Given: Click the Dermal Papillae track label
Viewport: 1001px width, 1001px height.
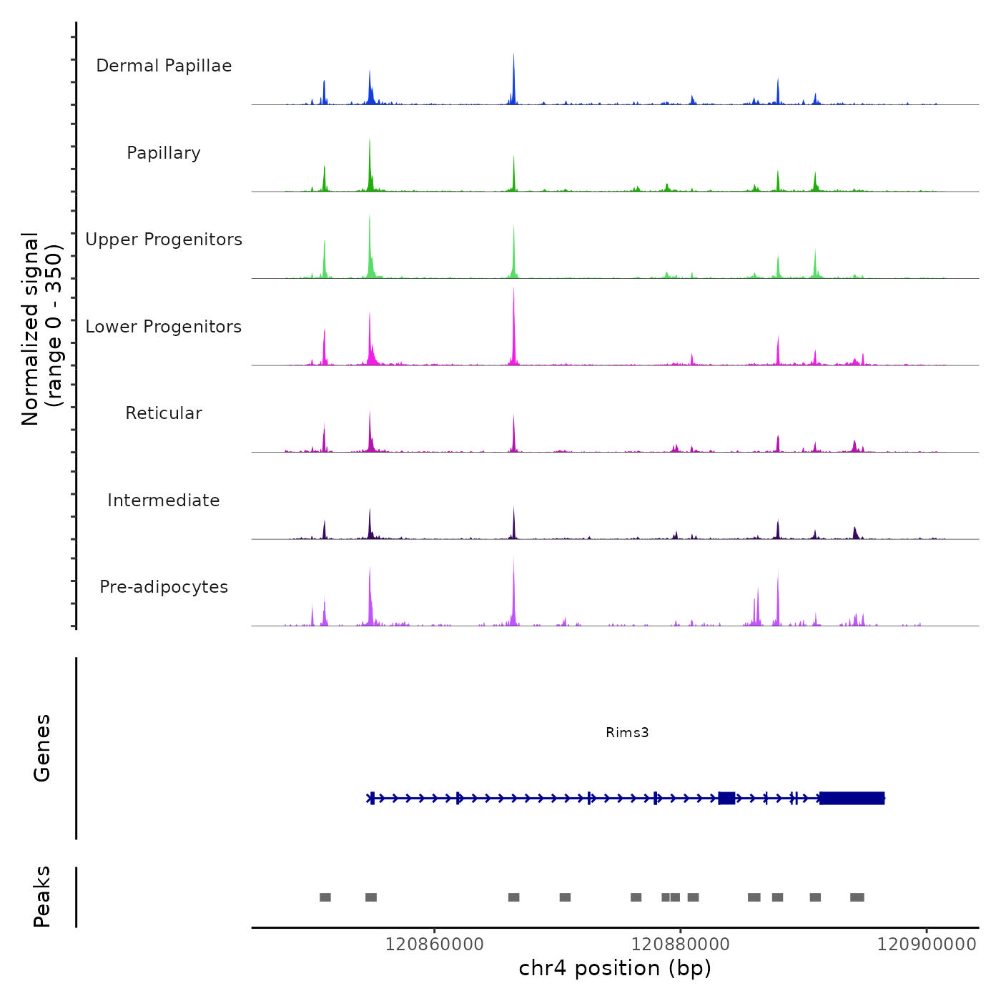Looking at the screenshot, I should (164, 66).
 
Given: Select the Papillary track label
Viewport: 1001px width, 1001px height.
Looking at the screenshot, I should (164, 153).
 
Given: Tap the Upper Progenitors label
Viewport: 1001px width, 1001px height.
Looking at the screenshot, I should (164, 240).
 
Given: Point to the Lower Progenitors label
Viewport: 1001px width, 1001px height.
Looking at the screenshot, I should (164, 327).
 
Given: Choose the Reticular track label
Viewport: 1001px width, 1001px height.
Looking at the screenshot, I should (164, 413).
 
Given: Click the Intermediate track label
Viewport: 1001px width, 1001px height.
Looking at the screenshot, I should (164, 500).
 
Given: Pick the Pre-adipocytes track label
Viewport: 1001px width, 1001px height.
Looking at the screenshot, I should (164, 587).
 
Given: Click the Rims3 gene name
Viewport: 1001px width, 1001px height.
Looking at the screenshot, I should (627, 732).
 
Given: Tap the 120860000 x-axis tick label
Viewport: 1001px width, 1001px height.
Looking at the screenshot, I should (434, 945).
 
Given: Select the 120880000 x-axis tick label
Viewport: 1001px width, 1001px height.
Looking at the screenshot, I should (681, 945).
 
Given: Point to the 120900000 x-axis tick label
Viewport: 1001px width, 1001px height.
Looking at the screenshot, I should (927, 945).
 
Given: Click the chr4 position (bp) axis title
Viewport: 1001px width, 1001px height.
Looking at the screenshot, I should (615, 968).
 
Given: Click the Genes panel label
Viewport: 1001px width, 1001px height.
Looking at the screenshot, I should (42, 748).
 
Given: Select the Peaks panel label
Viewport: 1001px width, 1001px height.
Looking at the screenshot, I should (42, 897).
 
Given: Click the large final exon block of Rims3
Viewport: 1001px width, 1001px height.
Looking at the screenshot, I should (852, 798).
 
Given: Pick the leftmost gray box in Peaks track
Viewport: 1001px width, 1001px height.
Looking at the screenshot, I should (325, 897).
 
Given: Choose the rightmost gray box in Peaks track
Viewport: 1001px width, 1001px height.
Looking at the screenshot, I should (857, 897).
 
